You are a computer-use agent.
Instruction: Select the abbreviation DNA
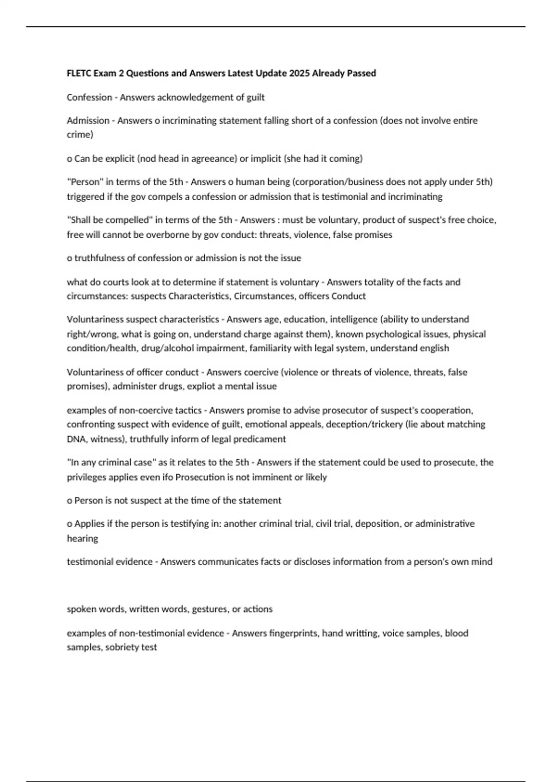(x=76, y=439)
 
